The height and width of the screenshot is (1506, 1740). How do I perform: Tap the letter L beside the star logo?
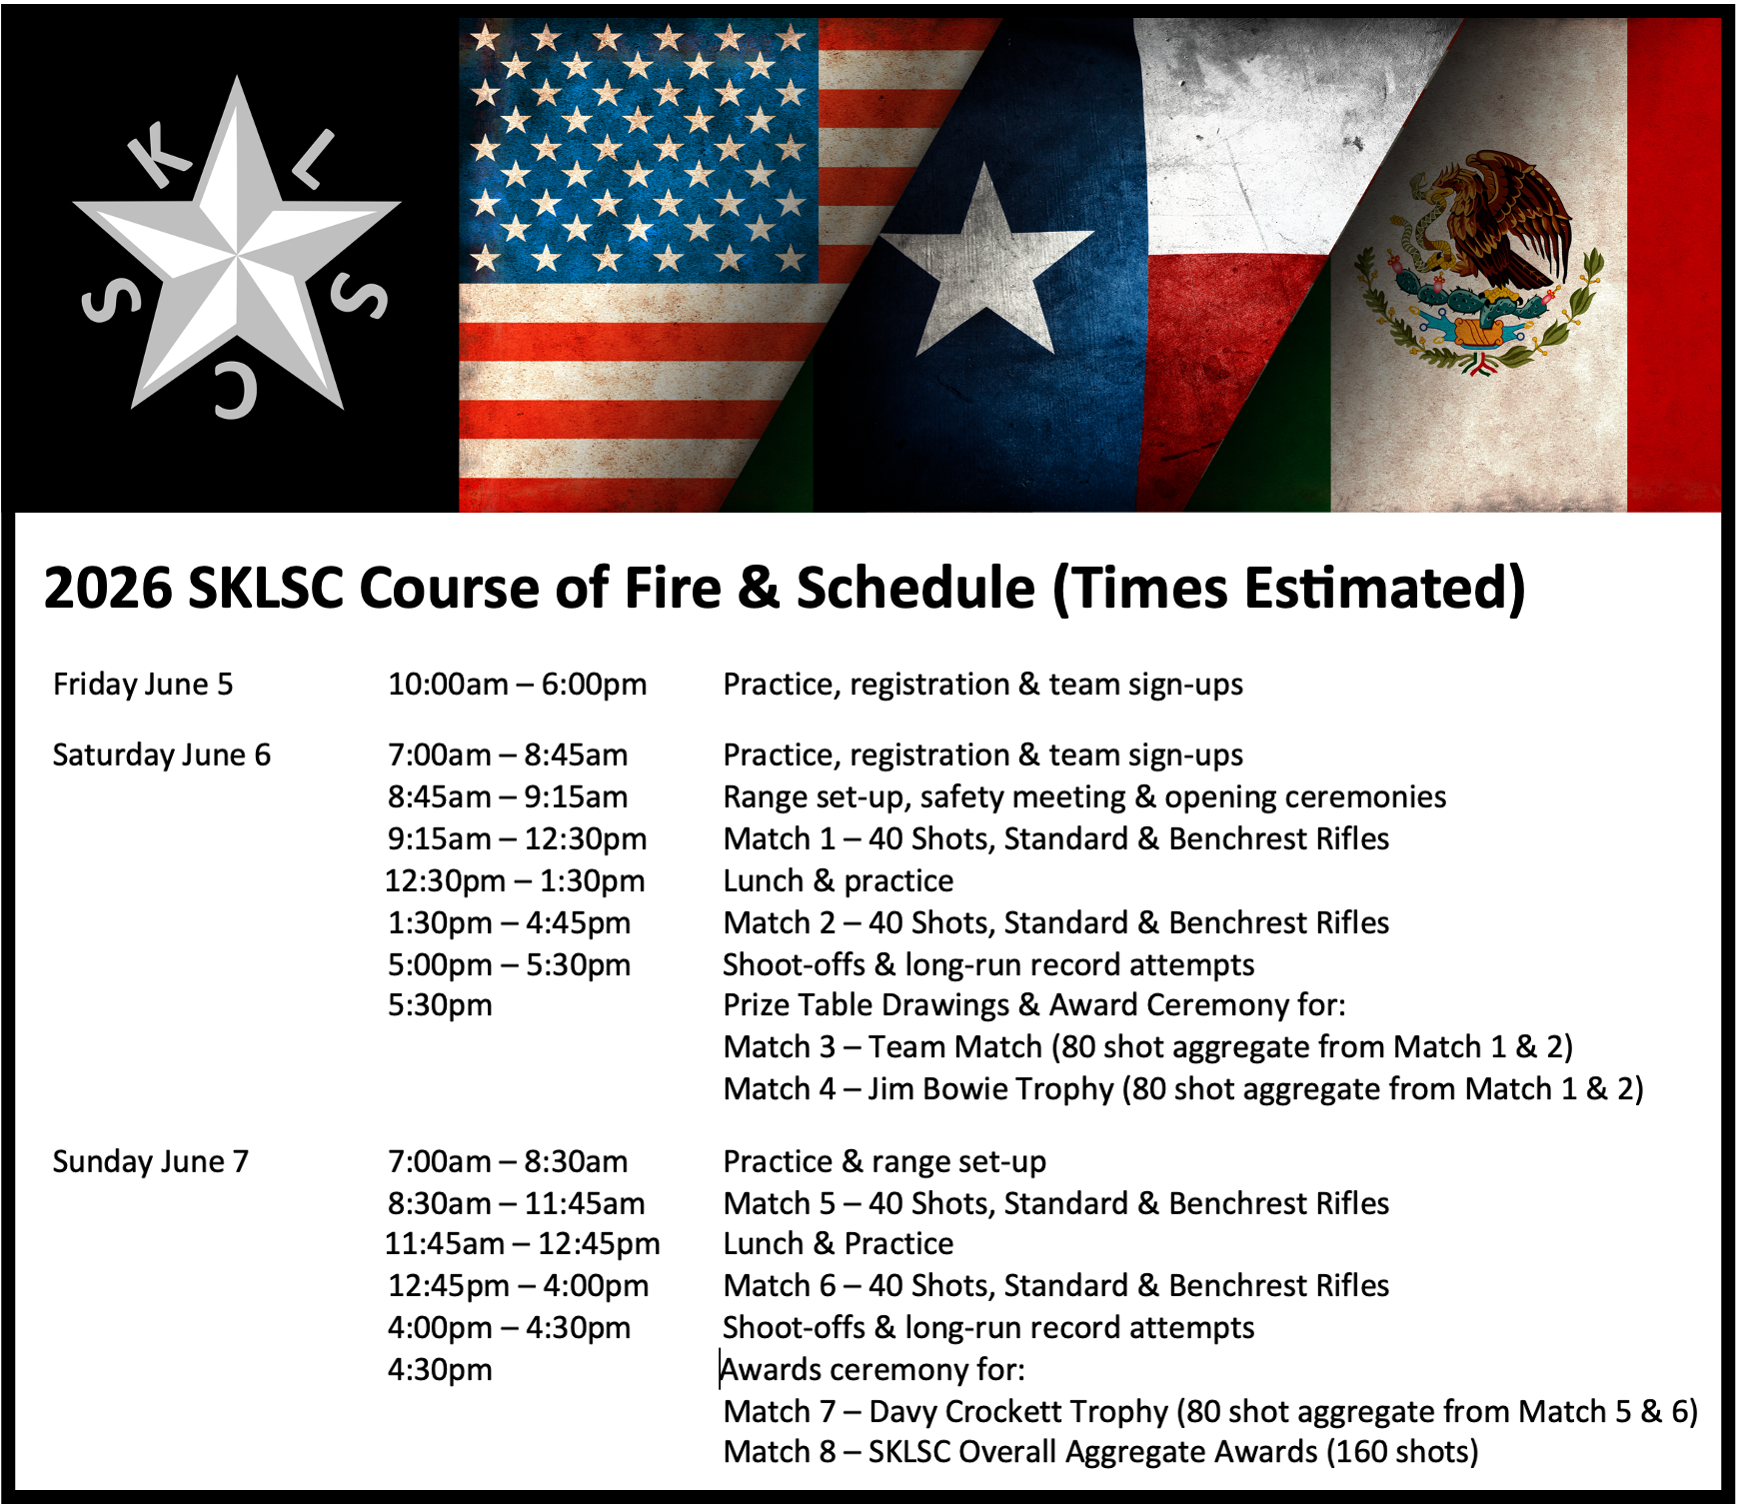point(315,159)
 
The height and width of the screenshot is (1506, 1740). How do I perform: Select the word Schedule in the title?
point(915,588)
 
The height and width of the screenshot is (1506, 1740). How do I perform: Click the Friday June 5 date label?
point(143,685)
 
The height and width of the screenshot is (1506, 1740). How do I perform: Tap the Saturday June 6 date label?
point(162,755)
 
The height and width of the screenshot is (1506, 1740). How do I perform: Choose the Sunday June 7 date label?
point(151,1162)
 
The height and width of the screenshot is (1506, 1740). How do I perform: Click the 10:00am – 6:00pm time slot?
point(518,685)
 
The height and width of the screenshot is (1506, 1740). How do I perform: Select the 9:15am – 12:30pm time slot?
point(518,839)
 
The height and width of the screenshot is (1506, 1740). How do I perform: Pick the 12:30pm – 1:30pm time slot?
point(516,881)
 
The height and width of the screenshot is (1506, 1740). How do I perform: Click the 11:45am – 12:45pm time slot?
point(523,1244)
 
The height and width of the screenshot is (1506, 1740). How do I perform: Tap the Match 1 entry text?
point(1056,839)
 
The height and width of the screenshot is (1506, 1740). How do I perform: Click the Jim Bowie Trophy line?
point(1183,1089)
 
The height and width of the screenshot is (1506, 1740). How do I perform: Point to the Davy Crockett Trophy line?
point(1210,1412)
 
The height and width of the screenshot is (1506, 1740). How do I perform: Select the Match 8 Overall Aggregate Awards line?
point(1100,1452)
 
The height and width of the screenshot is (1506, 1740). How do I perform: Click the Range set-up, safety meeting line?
point(1084,797)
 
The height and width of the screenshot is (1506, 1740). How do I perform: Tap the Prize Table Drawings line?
point(1034,1005)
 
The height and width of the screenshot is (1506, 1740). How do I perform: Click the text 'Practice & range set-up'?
point(884,1162)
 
